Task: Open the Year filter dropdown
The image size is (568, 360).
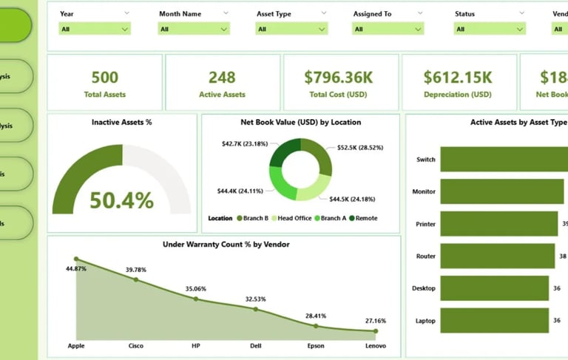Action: tap(94, 29)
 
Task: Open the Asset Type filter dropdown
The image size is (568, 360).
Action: tap(291, 29)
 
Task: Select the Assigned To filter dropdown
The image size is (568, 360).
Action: tap(388, 29)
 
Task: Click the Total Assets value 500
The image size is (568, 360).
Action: tap(104, 77)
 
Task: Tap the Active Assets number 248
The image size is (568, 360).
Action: tap(222, 77)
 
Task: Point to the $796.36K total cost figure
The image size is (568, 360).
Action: tap(339, 77)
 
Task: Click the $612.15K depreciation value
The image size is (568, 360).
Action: tap(457, 77)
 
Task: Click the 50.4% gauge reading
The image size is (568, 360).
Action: tap(121, 200)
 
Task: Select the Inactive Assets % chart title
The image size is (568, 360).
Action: tap(121, 122)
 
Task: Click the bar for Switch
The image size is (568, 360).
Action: tap(503, 160)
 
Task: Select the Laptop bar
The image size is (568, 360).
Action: tap(494, 320)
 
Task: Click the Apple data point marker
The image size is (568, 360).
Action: tap(75, 259)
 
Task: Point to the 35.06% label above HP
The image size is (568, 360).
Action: tap(196, 289)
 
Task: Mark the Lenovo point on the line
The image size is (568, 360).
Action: tap(376, 331)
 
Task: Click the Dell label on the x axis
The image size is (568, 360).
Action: tap(256, 345)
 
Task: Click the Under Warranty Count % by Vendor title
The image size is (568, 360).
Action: tap(225, 244)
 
